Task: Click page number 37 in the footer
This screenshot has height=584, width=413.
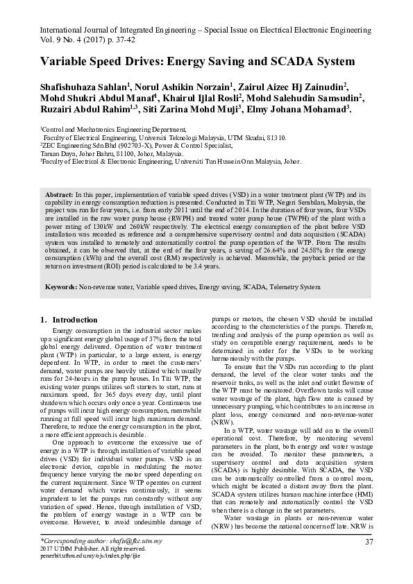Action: (x=369, y=541)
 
